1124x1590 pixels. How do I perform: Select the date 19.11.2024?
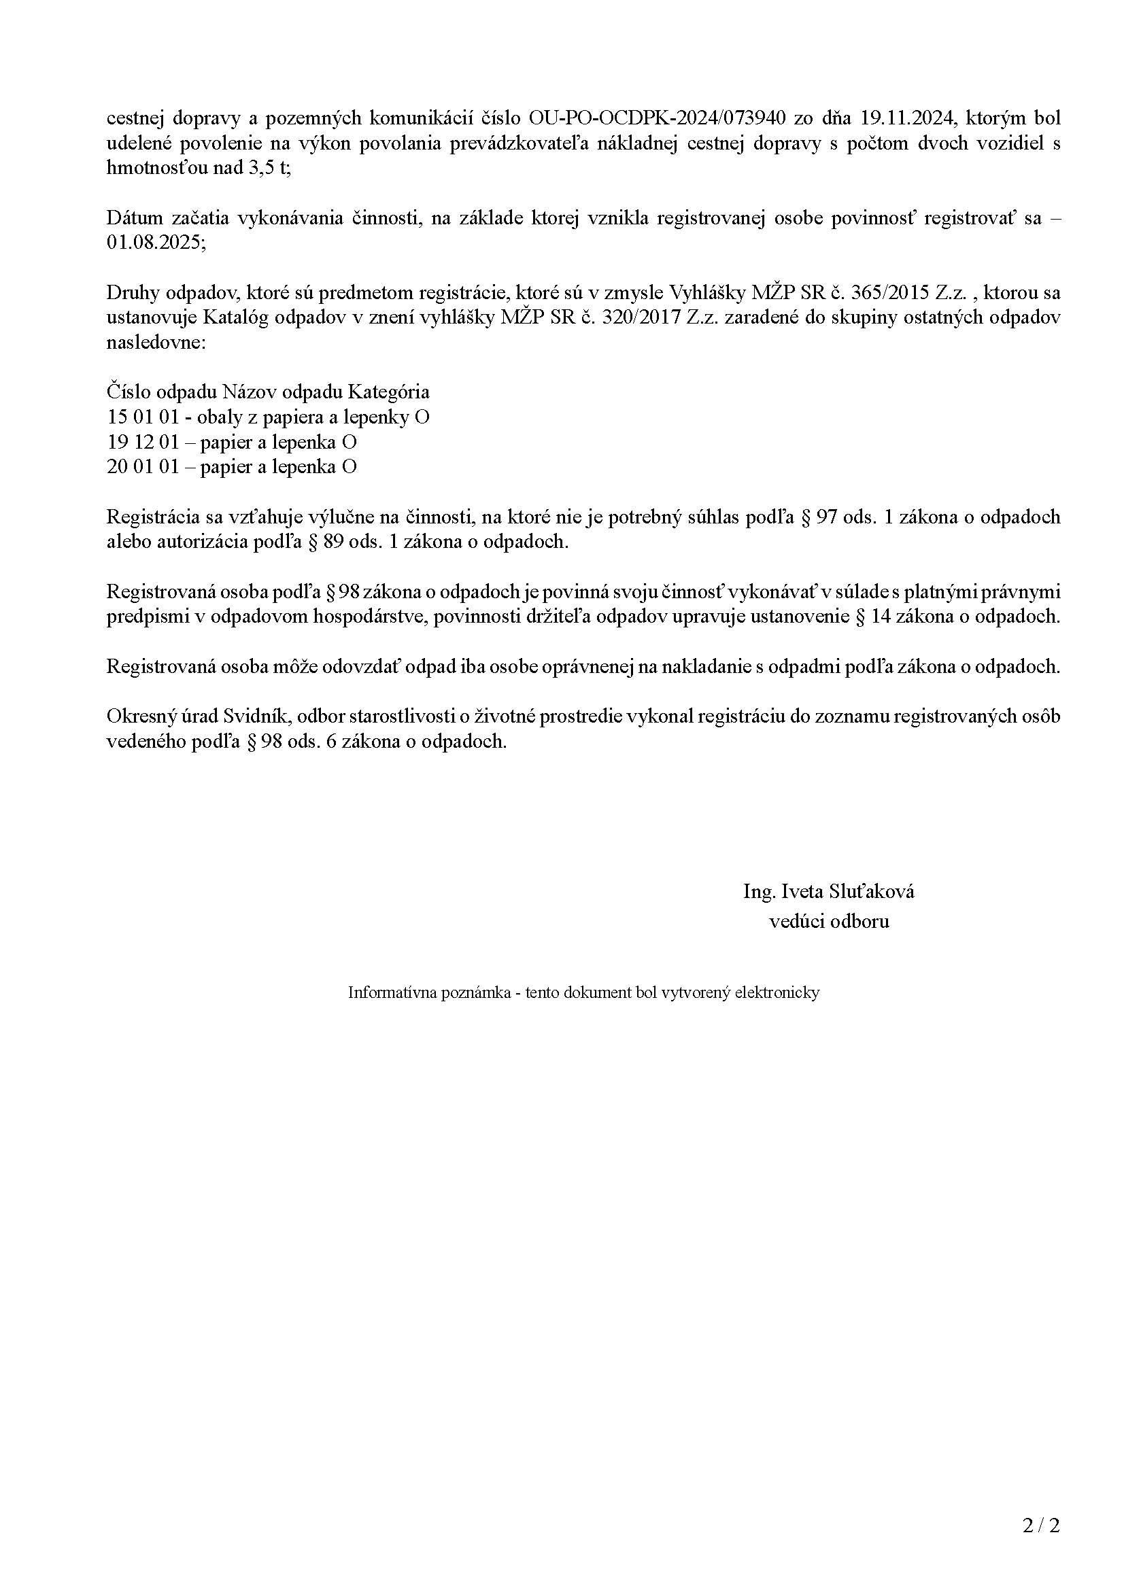click(x=906, y=118)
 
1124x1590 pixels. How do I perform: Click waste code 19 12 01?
click(x=143, y=443)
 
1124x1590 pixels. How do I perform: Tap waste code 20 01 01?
click(x=143, y=468)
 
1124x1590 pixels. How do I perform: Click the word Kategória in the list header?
click(x=388, y=393)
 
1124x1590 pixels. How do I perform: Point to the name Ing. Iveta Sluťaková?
click(x=828, y=891)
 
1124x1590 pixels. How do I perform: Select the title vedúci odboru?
click(x=829, y=922)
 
